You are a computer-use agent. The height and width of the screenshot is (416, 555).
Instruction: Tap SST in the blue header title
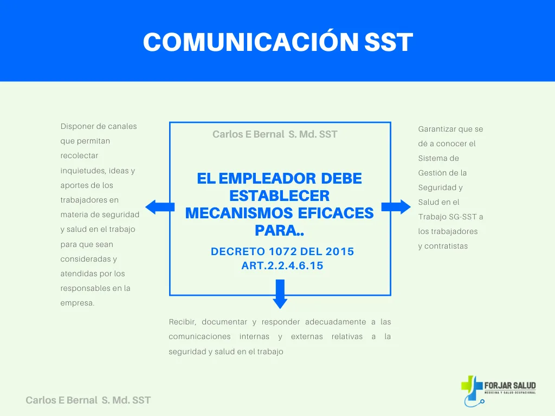click(389, 42)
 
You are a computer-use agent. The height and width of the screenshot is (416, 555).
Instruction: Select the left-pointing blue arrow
click(160, 207)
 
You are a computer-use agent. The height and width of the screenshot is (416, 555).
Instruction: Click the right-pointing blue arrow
click(396, 207)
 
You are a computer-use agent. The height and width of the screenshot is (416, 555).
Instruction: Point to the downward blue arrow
click(280, 294)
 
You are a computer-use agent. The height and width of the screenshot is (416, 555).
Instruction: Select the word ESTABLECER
click(279, 196)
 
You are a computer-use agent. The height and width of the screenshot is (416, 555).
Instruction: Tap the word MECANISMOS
click(239, 213)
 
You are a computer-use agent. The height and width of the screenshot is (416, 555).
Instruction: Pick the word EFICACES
click(335, 213)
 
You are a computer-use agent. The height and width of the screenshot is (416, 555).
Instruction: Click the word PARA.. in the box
click(279, 231)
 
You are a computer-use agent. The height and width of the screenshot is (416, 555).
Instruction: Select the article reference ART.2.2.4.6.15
click(282, 265)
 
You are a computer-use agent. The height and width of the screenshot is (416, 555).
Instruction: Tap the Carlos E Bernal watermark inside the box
click(275, 134)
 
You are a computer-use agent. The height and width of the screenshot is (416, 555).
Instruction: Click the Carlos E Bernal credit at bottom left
click(88, 400)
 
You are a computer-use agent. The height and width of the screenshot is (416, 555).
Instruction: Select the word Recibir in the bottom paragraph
click(182, 322)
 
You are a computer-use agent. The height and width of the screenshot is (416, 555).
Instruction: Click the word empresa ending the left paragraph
click(77, 303)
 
